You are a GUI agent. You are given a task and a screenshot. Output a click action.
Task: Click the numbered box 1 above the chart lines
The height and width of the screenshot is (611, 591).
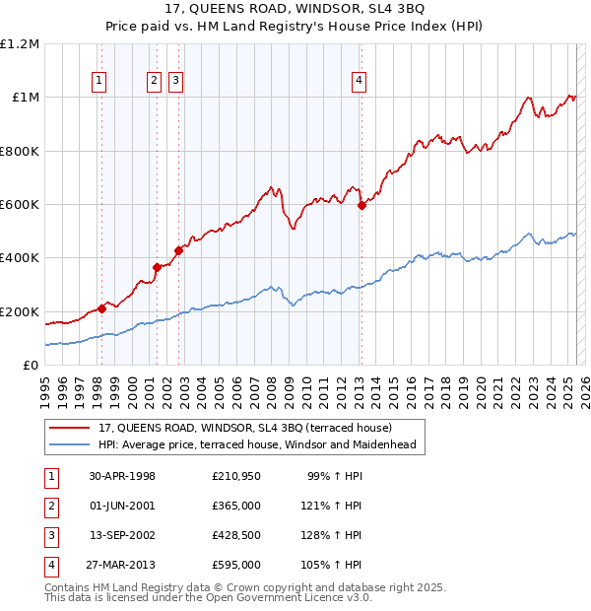coord(100,82)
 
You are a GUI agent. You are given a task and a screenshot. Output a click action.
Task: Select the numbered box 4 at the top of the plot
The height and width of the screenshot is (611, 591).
coord(360,82)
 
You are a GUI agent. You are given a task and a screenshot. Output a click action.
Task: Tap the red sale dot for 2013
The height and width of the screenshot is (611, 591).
coord(361,205)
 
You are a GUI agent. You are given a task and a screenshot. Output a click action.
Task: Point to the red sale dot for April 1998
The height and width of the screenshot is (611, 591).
coord(101,308)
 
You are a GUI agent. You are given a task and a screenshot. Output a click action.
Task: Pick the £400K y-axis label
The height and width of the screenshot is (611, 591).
coord(20,258)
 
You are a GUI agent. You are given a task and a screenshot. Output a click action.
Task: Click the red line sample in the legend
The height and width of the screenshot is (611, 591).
coord(70,429)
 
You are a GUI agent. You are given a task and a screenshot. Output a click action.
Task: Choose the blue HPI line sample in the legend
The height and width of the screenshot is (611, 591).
coord(70,444)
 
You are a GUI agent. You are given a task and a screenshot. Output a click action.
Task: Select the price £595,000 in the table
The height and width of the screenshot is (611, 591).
coord(236,565)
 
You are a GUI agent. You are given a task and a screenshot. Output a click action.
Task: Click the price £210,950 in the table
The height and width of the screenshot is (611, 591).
coord(236,476)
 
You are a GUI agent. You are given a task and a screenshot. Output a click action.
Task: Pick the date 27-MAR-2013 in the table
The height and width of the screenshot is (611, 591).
coord(122,565)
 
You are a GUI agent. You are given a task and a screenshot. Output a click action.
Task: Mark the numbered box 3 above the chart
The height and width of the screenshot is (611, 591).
coord(175,82)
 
